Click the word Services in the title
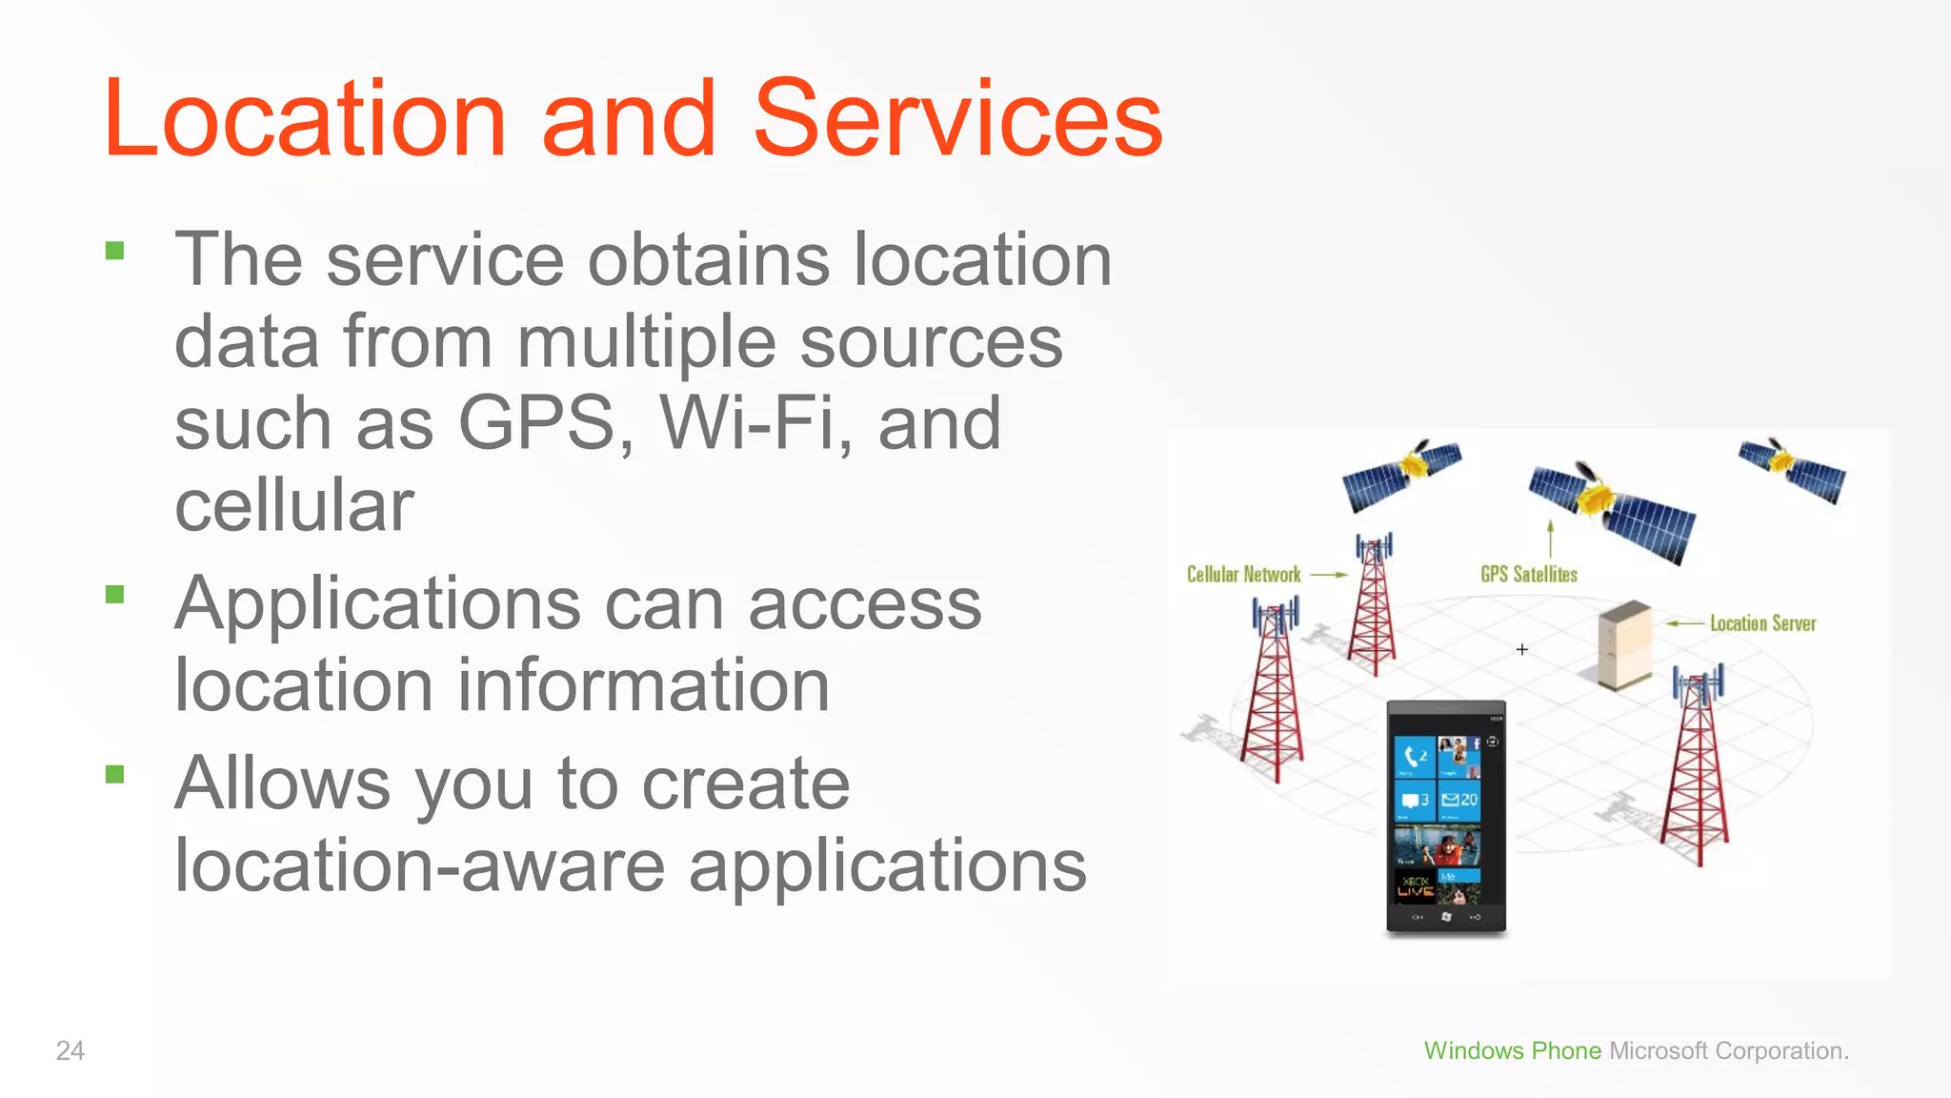pos(957,119)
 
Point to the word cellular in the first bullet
pos(293,505)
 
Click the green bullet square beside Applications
pos(115,595)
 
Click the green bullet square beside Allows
pos(115,774)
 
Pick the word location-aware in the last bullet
pos(419,865)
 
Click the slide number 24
pos(70,1050)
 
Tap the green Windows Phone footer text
pos(1512,1050)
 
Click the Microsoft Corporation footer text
pos(1728,1050)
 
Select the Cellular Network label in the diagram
pos(1243,575)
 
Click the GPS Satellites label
pos(1528,575)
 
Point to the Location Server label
pos(1762,623)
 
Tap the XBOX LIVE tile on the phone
pos(1416,887)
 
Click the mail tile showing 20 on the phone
pos(1458,800)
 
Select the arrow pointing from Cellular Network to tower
pos(1329,575)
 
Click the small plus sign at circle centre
pos(1522,649)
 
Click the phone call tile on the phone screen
pos(1415,757)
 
